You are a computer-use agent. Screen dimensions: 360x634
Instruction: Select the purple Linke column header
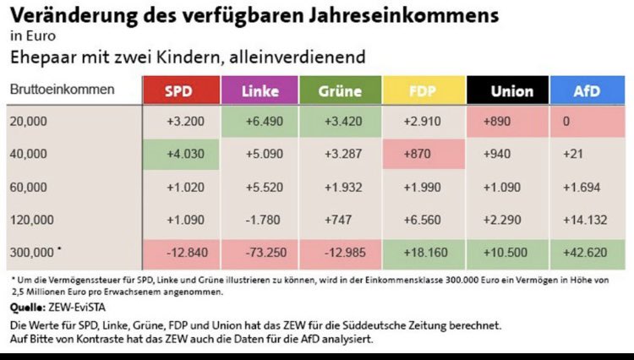[260, 90]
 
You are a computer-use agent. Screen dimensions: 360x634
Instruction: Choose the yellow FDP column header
[423, 90]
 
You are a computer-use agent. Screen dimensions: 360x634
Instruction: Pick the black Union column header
[505, 90]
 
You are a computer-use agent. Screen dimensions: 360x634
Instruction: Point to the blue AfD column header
[587, 90]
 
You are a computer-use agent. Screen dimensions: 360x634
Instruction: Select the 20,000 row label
[30, 122]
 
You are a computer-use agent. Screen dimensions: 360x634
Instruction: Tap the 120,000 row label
[32, 220]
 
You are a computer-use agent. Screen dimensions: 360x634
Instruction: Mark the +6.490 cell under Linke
[260, 122]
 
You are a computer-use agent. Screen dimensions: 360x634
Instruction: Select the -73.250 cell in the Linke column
[260, 254]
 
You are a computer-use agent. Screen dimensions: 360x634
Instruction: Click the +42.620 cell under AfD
[587, 254]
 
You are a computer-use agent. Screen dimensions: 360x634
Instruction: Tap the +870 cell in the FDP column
[423, 155]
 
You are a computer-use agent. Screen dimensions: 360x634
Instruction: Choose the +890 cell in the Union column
[505, 122]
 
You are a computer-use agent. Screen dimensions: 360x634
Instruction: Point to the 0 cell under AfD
[587, 122]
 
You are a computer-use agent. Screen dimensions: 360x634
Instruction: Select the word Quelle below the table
[30, 308]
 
